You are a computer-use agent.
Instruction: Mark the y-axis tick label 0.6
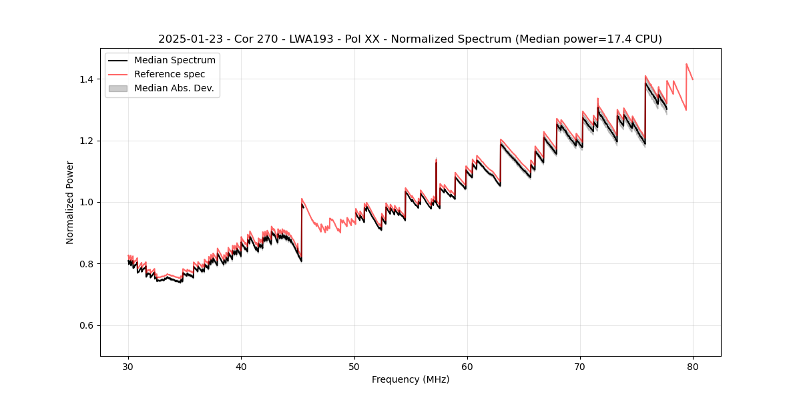tap(88, 325)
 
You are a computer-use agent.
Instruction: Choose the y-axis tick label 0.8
tap(88, 264)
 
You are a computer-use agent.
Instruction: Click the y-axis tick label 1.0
tap(88, 203)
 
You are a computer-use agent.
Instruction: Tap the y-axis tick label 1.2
tap(88, 141)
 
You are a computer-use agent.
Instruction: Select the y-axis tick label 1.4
tap(88, 79)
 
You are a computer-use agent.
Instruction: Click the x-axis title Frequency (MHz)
tap(411, 379)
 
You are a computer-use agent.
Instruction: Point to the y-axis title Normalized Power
tap(69, 202)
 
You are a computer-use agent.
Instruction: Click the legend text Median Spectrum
tap(174, 61)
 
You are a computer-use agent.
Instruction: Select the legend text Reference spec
tap(170, 74)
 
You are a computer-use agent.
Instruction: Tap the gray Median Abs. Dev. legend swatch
tap(117, 88)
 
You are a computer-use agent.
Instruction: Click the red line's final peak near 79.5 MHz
tap(686, 64)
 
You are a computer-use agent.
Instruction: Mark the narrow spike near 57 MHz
tap(436, 161)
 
